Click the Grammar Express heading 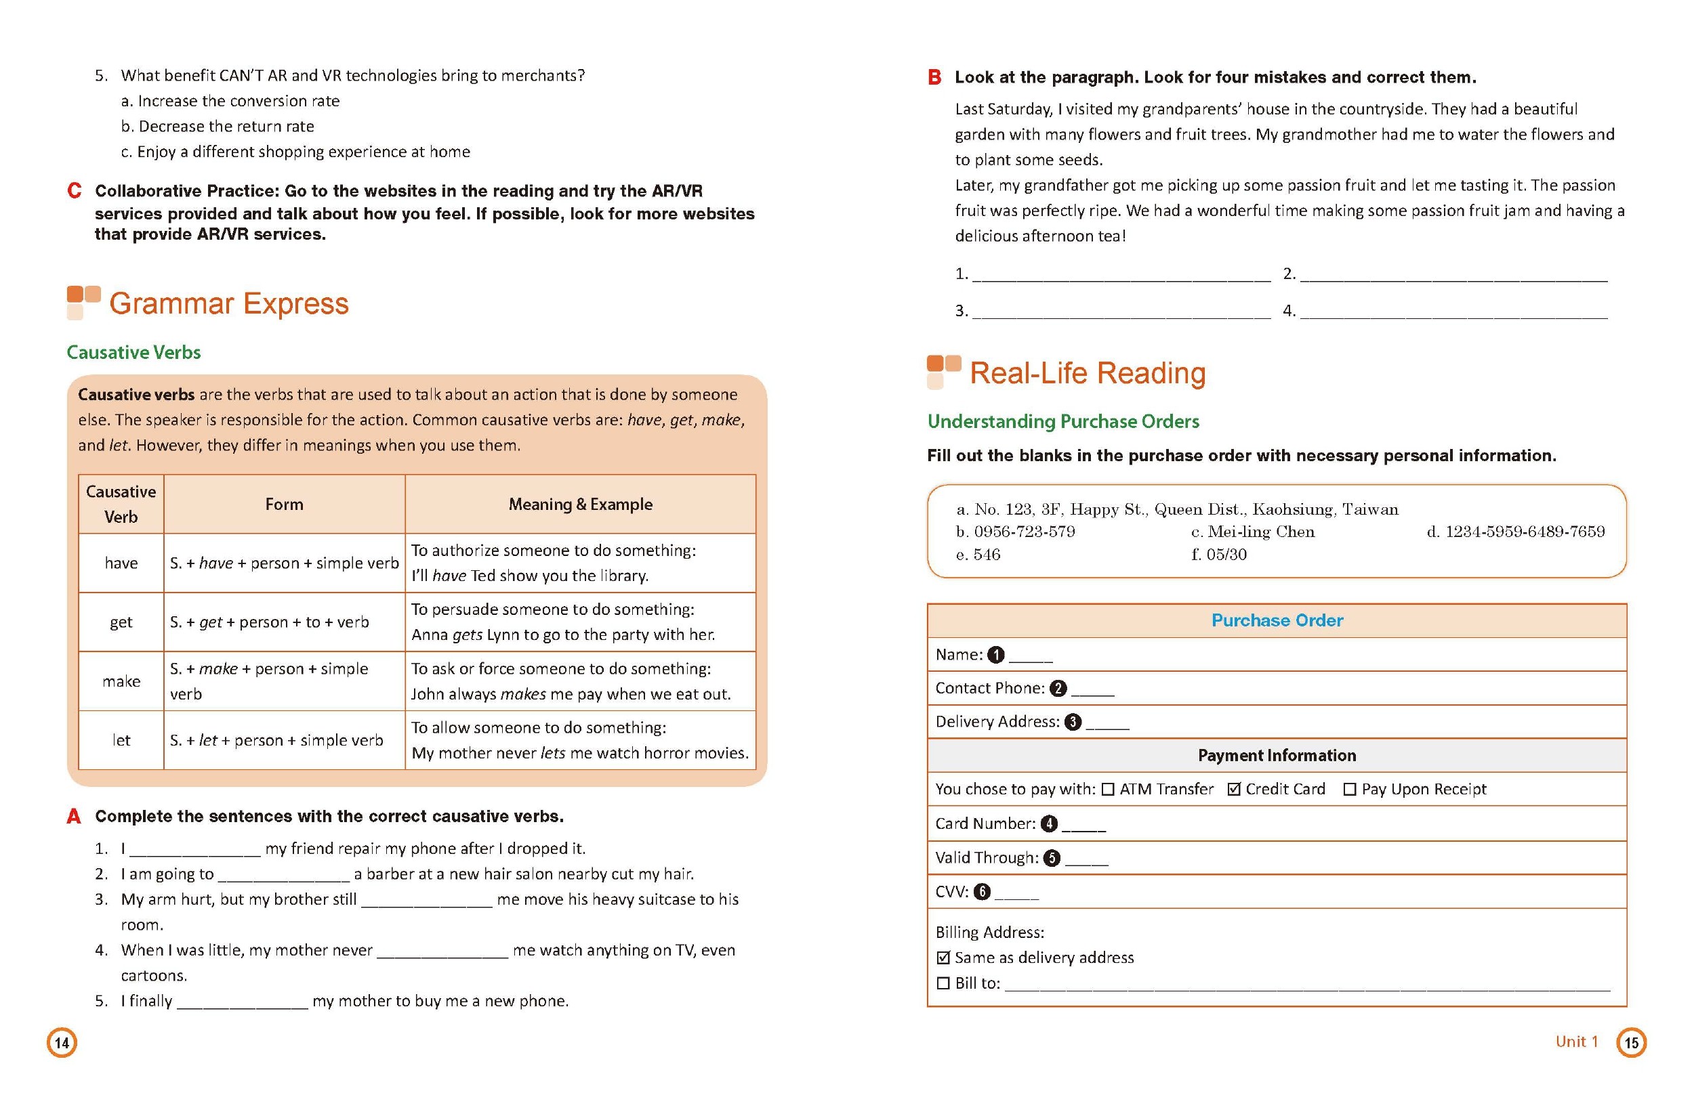(x=228, y=304)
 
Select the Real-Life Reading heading (x=1087, y=373)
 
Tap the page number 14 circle (x=62, y=1043)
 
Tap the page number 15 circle (x=1632, y=1043)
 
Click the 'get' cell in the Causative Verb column (x=121, y=622)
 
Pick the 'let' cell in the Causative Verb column (x=121, y=740)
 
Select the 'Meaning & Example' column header (x=580, y=505)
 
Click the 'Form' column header (x=284, y=505)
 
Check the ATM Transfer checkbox (x=1108, y=790)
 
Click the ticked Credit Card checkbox (x=1234, y=789)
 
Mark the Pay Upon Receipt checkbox (x=1350, y=790)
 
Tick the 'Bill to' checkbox (x=943, y=984)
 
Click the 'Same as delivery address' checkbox (x=943, y=958)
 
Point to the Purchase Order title (x=1277, y=621)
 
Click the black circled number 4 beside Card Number (x=1049, y=824)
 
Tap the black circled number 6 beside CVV (x=982, y=892)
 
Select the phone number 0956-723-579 (x=1024, y=532)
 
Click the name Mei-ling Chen (x=1261, y=532)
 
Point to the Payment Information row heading (x=1277, y=756)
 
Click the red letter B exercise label (x=934, y=77)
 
